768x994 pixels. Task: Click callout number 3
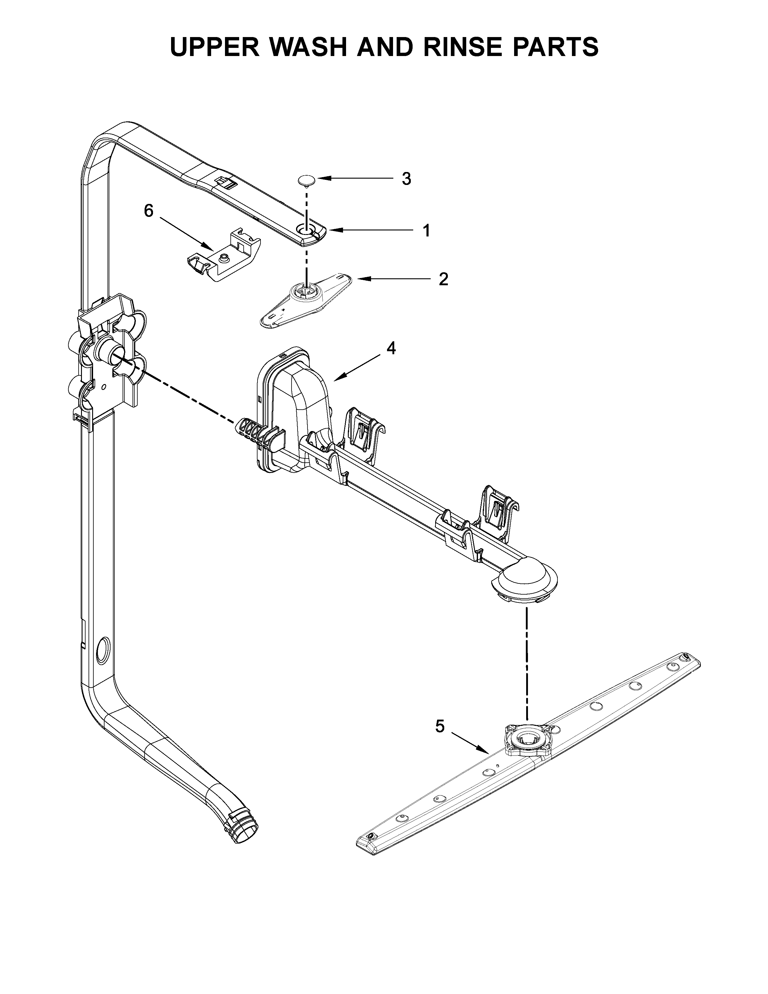pyautogui.click(x=406, y=179)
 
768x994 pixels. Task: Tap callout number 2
pyautogui.click(x=443, y=279)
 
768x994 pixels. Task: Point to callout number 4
pyautogui.click(x=391, y=348)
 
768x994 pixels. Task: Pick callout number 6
pyautogui.click(x=149, y=211)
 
